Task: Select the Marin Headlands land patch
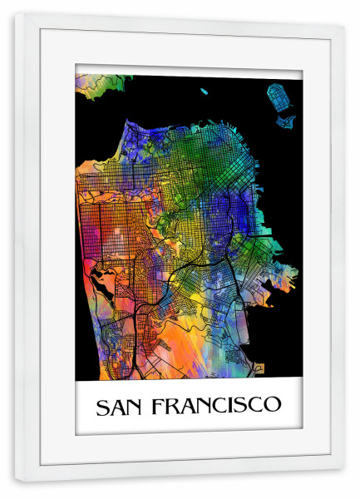pos(100,83)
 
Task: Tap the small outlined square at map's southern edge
pos(259,367)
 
